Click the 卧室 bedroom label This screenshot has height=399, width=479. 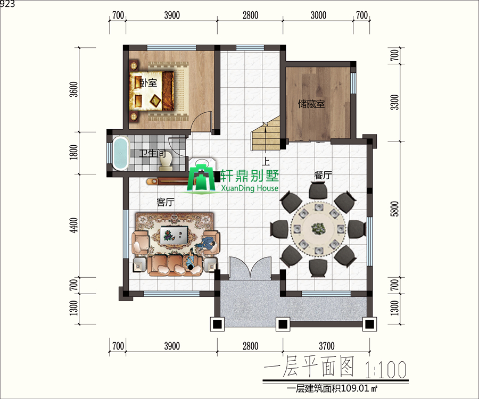[148, 82]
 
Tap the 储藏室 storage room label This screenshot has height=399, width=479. [311, 104]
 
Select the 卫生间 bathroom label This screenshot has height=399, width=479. [152, 153]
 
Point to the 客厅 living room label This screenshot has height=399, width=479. [166, 202]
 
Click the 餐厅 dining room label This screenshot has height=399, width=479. [323, 175]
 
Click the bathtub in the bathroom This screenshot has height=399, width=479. [121, 153]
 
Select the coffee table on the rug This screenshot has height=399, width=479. [175, 234]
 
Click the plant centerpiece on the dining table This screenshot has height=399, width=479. [318, 228]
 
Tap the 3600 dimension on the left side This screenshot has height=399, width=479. [73, 89]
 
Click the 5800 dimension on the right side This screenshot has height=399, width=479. [395, 209]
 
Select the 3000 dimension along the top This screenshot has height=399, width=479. [318, 15]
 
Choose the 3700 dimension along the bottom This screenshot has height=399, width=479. [327, 346]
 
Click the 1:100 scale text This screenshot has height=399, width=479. [385, 369]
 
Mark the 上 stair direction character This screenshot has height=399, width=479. [266, 161]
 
